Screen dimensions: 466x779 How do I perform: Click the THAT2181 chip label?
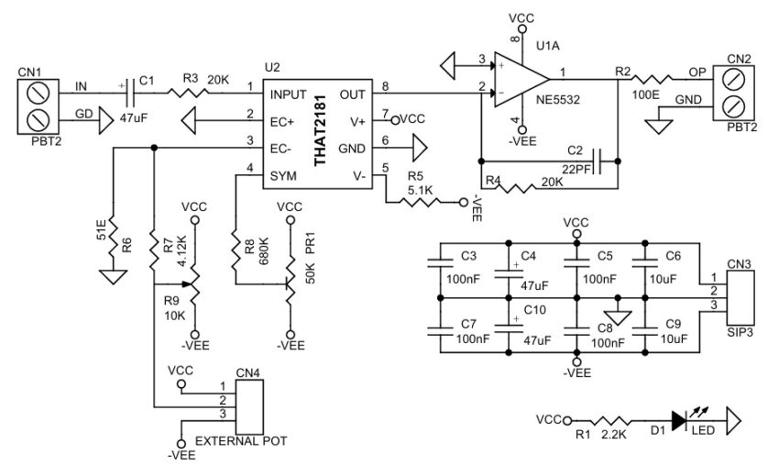(321, 136)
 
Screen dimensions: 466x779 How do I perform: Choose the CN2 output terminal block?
(739, 90)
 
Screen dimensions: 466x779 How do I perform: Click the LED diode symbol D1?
(680, 420)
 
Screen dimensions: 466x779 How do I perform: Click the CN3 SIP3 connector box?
(740, 294)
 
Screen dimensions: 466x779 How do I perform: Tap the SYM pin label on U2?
(282, 173)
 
